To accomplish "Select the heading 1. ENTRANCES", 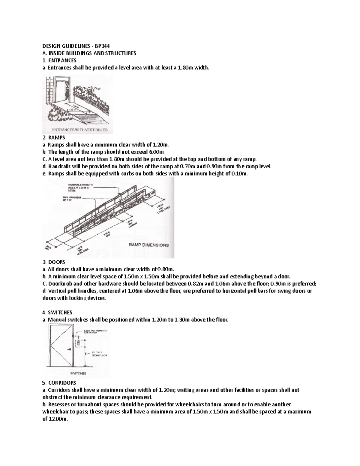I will point(59,61).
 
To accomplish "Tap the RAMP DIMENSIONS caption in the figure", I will point(149,245).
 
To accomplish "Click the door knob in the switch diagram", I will point(70,350).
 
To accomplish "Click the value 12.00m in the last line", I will point(58,419).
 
